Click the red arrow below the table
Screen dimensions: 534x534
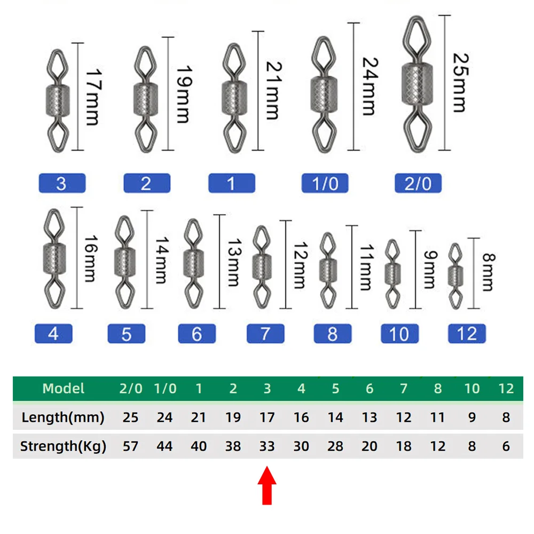pyautogui.click(x=267, y=485)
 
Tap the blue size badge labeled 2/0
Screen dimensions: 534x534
pyautogui.click(x=418, y=183)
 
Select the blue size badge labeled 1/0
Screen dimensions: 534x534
pyautogui.click(x=325, y=183)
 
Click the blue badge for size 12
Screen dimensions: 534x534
pyautogui.click(x=467, y=333)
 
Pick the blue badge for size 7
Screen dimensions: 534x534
pyautogui.click(x=265, y=333)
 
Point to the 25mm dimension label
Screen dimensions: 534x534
pyautogui.click(x=461, y=83)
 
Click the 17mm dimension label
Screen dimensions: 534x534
pyautogui.click(x=93, y=97)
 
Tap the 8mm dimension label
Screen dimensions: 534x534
pyautogui.click(x=489, y=272)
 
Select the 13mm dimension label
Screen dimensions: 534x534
pyautogui.click(x=234, y=262)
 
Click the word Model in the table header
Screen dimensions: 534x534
pyautogui.click(x=64, y=388)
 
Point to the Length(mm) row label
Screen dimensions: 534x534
pyautogui.click(x=62, y=418)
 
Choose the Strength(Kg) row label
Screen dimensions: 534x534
pyautogui.click(x=63, y=446)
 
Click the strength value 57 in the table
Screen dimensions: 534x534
pyautogui.click(x=130, y=446)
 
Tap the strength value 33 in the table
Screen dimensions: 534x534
pyautogui.click(x=267, y=446)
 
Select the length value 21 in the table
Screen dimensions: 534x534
pyautogui.click(x=199, y=418)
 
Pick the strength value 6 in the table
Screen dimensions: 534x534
pyautogui.click(x=506, y=446)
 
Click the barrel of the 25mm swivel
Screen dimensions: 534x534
pyautogui.click(x=417, y=84)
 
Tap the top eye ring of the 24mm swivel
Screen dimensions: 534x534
pyautogui.click(x=323, y=56)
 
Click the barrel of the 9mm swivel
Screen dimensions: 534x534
pyautogui.click(x=392, y=274)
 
